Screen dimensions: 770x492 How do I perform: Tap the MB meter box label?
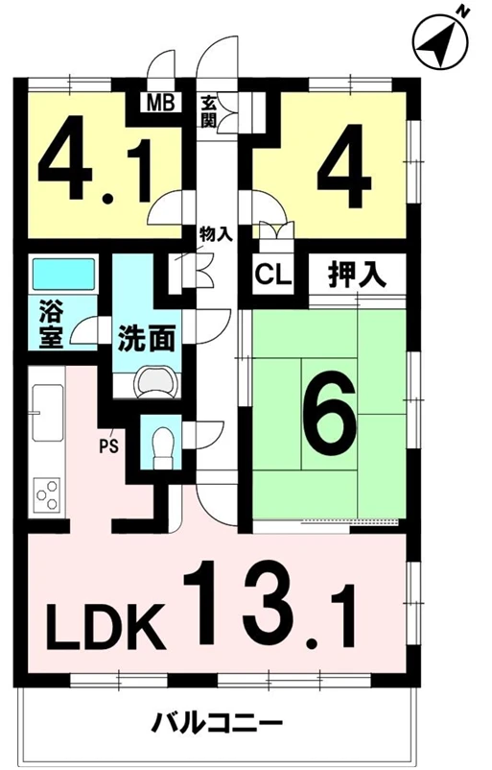coord(155,101)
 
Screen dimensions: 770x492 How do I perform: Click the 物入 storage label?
coord(214,233)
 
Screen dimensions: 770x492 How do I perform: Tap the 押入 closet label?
coord(357,277)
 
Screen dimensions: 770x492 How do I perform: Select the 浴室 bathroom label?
coord(51,326)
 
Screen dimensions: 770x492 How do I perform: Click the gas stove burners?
coord(47,495)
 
